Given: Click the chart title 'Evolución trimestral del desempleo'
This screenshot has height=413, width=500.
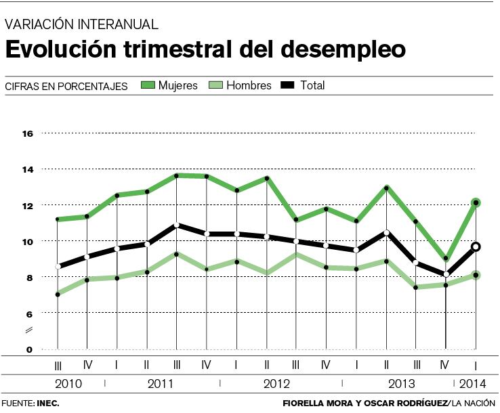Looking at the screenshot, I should coord(206,49).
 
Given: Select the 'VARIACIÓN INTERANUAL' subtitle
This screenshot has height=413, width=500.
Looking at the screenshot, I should coord(82,25).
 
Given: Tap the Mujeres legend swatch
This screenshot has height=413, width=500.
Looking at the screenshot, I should coord(148,85).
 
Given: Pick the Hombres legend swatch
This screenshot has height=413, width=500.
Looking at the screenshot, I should coord(217,85).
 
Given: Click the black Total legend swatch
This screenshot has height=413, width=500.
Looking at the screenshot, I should coord(287,85).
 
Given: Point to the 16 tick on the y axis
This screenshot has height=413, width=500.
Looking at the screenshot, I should coord(28,133).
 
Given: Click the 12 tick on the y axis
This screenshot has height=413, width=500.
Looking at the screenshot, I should coord(28,205).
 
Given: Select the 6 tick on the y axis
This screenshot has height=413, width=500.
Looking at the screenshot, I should coord(29,313).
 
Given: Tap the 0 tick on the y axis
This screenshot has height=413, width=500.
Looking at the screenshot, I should coord(29,349).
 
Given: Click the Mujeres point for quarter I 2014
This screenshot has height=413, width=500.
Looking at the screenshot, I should coord(476,202).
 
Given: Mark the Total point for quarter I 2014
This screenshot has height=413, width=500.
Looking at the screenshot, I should coord(476,247).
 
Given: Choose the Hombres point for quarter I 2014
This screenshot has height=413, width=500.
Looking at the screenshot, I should coord(476,275).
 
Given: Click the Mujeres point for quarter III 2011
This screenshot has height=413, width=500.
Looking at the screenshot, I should coord(176,176).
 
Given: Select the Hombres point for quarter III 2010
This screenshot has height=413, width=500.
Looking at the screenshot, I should coord(58,294).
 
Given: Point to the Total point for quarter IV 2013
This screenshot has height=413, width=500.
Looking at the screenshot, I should coord(446,274).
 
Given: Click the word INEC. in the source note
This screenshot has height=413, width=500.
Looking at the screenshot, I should coord(48,403).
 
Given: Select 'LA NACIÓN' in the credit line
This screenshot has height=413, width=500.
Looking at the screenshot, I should coord(476,403).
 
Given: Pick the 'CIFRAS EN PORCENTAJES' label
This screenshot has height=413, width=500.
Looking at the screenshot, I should coord(66,87).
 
